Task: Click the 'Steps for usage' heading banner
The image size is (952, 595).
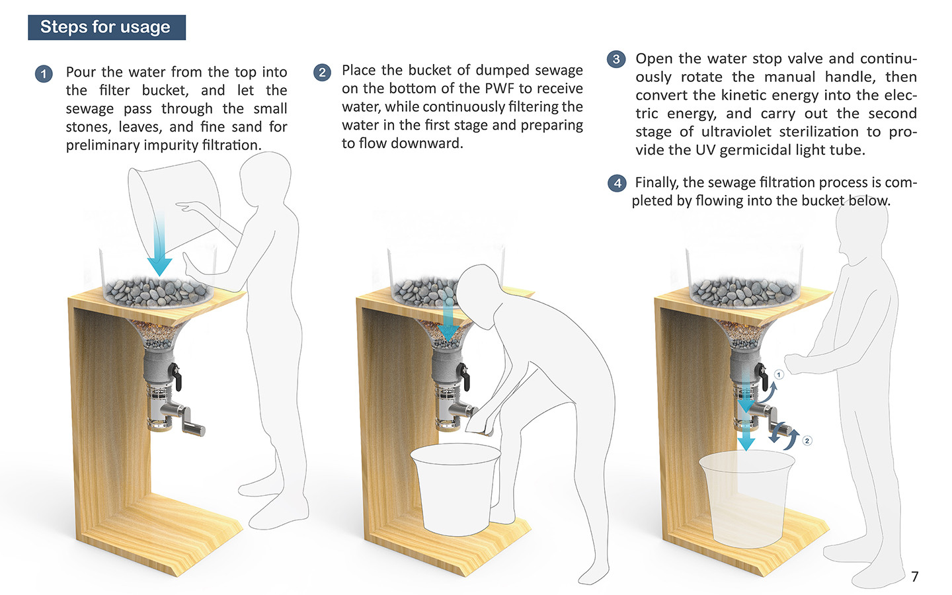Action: (x=106, y=27)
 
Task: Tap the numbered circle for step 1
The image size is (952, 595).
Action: (x=44, y=73)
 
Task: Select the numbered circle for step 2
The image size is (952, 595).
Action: (x=322, y=72)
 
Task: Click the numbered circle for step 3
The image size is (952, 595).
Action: (x=616, y=59)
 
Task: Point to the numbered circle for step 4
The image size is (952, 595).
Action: (x=617, y=183)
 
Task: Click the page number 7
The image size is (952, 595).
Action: (x=914, y=576)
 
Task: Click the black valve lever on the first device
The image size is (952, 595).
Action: (x=176, y=376)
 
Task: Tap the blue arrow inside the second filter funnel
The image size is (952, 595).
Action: (x=449, y=321)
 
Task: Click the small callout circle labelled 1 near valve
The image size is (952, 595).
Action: (x=779, y=375)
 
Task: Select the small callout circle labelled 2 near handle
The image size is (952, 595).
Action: (x=807, y=440)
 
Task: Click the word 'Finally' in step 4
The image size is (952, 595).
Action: (x=656, y=182)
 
